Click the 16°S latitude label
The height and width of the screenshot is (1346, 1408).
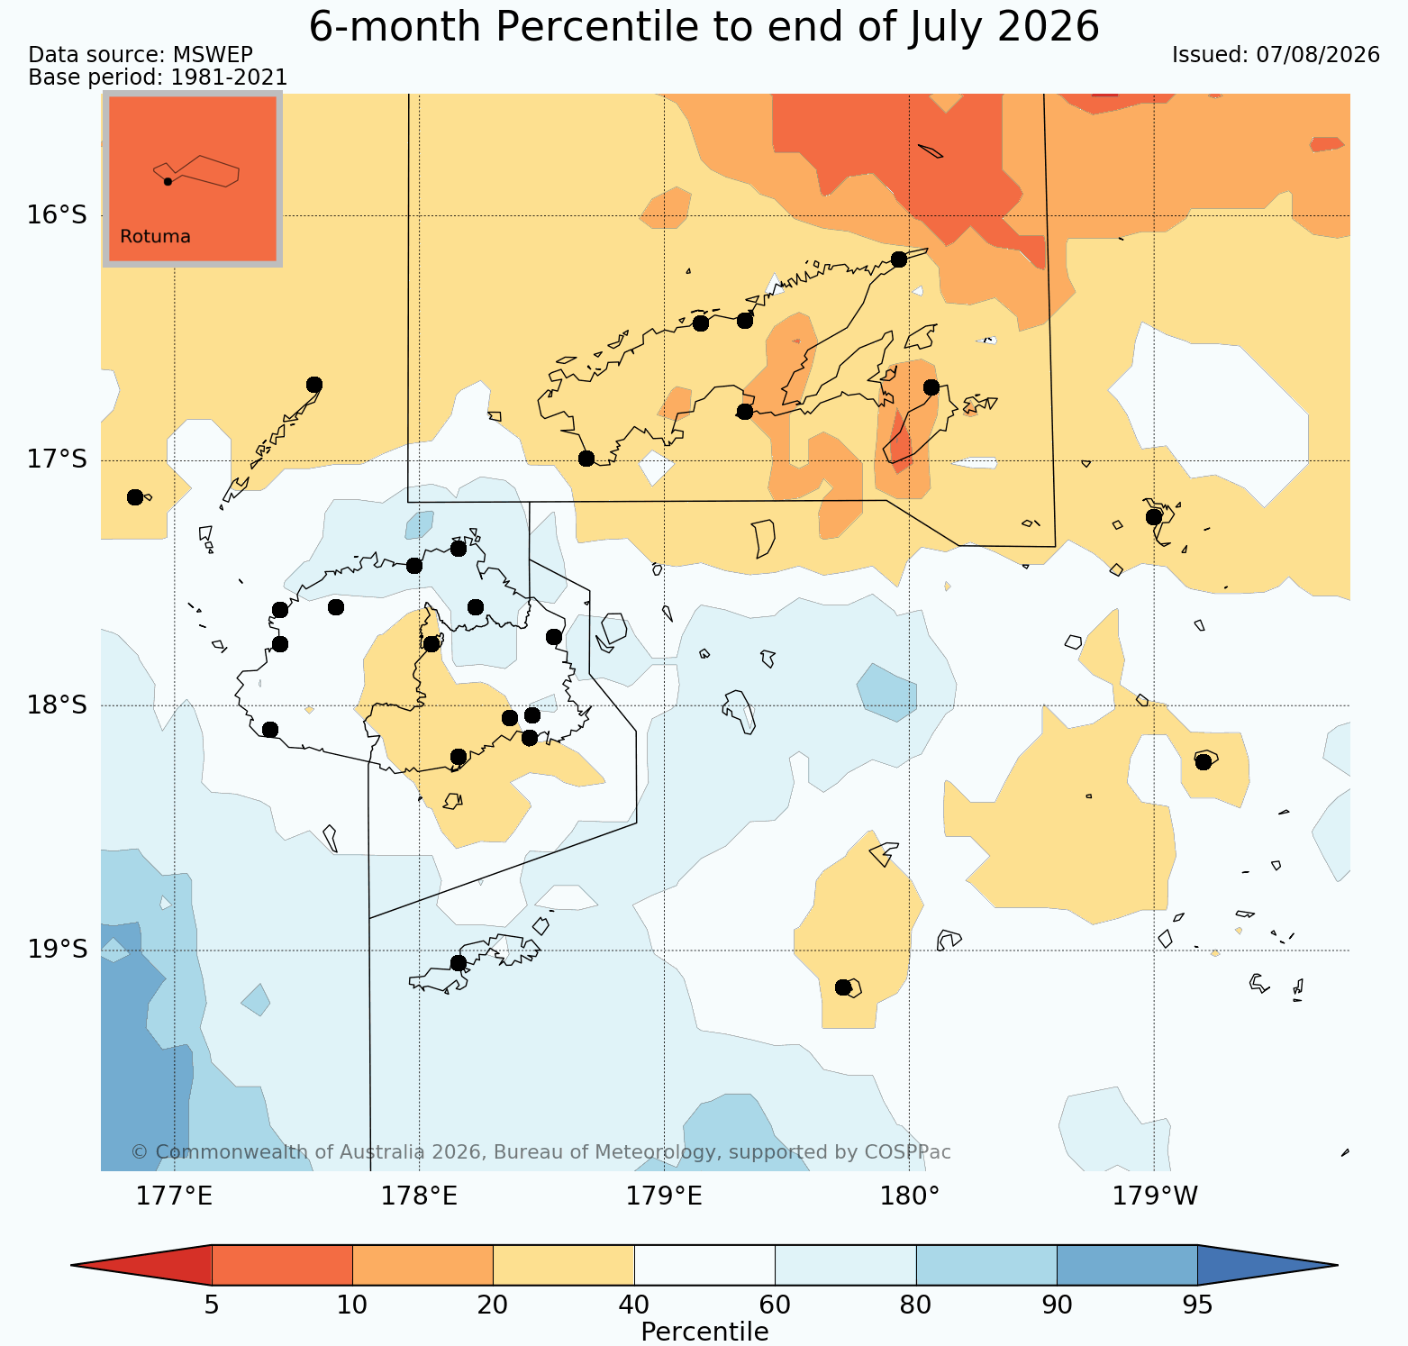[58, 215]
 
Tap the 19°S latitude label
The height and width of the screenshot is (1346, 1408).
[58, 950]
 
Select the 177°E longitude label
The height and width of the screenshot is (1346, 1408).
[175, 1196]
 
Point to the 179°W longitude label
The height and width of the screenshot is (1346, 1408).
[1155, 1196]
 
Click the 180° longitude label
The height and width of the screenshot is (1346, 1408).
[910, 1196]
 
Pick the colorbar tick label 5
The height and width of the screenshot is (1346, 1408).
[212, 1305]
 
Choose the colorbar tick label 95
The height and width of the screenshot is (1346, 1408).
[1197, 1305]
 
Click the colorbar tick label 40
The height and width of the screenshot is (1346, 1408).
[634, 1305]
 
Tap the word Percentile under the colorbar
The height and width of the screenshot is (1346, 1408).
[704, 1332]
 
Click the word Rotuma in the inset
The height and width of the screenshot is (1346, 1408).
[155, 237]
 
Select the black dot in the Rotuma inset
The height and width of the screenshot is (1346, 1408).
[168, 181]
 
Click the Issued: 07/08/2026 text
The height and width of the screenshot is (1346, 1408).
[1276, 55]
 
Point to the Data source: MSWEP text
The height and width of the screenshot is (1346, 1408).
[141, 55]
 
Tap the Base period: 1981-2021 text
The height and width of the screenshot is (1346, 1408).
[158, 78]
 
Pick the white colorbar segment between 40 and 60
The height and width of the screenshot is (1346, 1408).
[704, 1265]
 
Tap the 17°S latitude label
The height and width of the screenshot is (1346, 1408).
[58, 459]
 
